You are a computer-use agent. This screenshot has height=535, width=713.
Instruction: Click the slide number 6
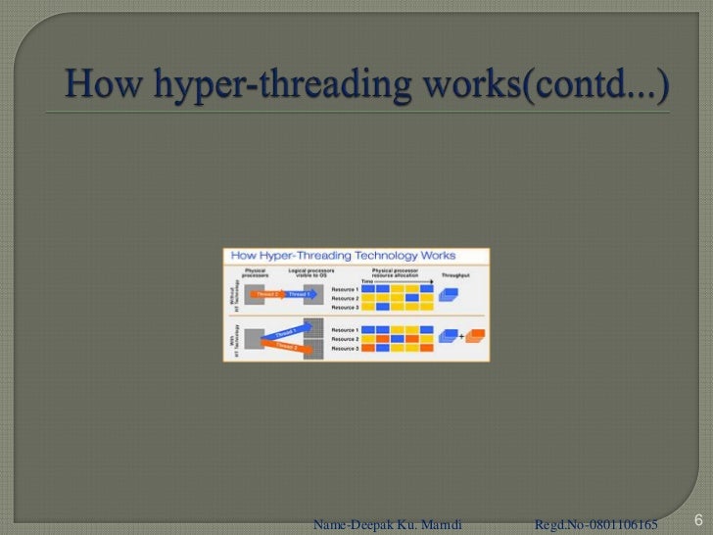click(699, 519)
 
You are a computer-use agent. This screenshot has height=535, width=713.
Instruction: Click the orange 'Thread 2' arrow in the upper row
click(266, 293)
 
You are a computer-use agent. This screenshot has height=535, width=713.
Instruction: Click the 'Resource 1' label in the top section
click(345, 289)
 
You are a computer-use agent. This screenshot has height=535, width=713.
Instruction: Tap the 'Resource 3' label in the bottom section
click(345, 348)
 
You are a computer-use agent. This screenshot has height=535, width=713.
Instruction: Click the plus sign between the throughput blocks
click(462, 336)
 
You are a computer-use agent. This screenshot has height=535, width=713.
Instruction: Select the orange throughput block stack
click(475, 336)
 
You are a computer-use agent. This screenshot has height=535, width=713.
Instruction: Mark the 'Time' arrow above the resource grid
click(397, 281)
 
